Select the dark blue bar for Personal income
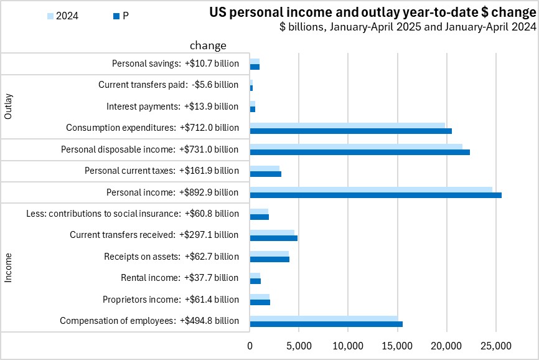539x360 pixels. pyautogui.click(x=375, y=195)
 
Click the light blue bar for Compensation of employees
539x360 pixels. pyautogui.click(x=324, y=318)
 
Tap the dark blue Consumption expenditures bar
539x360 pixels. pyautogui.click(x=350, y=131)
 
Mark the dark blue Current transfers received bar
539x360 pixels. pyautogui.click(x=273, y=238)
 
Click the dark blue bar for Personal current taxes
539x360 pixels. pyautogui.click(x=265, y=174)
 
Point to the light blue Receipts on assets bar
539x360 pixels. pyautogui.click(x=269, y=253)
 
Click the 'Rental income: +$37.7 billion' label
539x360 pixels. pyautogui.click(x=179, y=278)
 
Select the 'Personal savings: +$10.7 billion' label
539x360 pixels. pyautogui.click(x=175, y=64)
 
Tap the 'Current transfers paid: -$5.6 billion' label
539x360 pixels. pyautogui.click(x=168, y=85)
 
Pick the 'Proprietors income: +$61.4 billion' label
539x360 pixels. pyautogui.click(x=171, y=300)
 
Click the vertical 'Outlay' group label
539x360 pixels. pyautogui.click(x=9, y=107)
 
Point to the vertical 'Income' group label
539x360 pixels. pyautogui.click(x=9, y=267)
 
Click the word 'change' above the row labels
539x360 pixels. pyautogui.click(x=208, y=45)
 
